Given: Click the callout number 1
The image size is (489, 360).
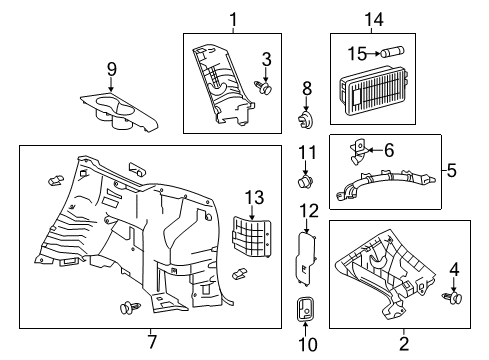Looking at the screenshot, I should tap(233, 18).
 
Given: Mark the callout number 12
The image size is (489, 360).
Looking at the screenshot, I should tap(308, 211).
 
